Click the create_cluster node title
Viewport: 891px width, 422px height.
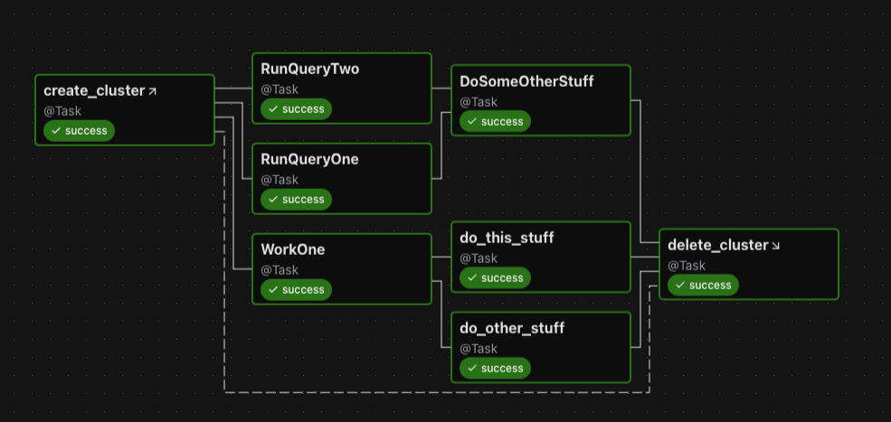pos(94,90)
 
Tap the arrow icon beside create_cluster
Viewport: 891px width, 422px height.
pos(152,91)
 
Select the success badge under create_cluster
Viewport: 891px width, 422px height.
pos(80,131)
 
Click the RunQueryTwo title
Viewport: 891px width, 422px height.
pos(309,69)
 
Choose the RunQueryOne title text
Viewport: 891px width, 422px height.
pos(309,159)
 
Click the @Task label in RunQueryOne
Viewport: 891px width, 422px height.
pos(280,180)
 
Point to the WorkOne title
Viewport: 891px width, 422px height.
pos(292,249)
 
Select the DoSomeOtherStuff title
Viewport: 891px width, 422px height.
pos(526,81)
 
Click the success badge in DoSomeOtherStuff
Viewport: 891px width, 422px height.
pos(495,122)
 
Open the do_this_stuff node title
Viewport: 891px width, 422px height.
pos(507,238)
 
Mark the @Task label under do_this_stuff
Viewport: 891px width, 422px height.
pos(479,258)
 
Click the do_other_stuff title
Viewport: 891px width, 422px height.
pos(512,328)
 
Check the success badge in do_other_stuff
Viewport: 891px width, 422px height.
pos(495,369)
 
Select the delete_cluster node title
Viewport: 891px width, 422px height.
pos(717,245)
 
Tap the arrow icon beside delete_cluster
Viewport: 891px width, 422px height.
pos(775,246)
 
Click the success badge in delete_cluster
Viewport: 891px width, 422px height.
pos(703,286)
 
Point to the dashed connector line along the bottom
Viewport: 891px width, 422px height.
pos(434,392)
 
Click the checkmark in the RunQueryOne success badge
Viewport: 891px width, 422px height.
pos(272,200)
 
